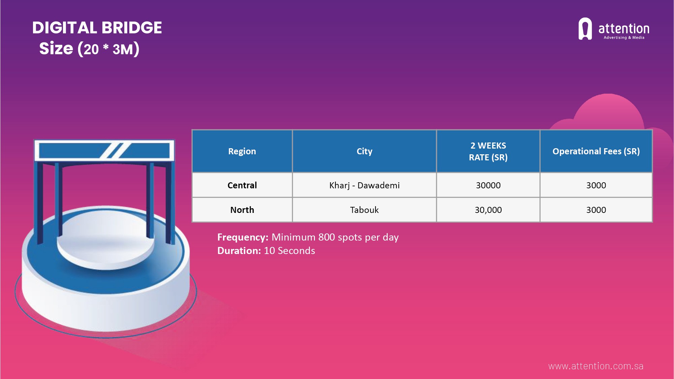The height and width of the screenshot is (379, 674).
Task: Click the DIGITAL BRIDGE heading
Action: click(x=97, y=28)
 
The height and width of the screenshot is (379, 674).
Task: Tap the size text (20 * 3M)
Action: click(x=89, y=49)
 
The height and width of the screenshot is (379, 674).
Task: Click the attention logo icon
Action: click(x=585, y=29)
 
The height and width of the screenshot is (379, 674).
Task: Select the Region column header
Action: click(x=242, y=151)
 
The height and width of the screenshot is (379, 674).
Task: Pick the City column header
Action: click(x=364, y=151)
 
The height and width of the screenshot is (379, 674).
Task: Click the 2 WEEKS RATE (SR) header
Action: click(x=488, y=151)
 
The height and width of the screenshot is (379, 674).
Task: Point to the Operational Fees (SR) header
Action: click(x=596, y=151)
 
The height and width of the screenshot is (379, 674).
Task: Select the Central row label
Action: click(x=242, y=185)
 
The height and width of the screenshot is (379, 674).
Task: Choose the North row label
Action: click(x=242, y=210)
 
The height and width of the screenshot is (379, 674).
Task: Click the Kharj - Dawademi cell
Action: click(x=364, y=185)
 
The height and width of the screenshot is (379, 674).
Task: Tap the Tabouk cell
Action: click(x=364, y=210)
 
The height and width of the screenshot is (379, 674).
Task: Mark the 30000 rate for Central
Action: click(x=488, y=185)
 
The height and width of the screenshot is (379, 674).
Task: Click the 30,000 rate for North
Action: click(x=488, y=210)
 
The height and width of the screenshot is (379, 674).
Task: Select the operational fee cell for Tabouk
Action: click(x=596, y=210)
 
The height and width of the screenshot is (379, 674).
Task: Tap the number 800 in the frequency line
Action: click(x=326, y=237)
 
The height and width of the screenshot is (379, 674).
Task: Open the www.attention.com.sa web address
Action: click(x=596, y=366)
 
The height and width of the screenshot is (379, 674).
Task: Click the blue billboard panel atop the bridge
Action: click(x=104, y=151)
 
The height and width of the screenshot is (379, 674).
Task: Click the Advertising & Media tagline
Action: click(x=624, y=38)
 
